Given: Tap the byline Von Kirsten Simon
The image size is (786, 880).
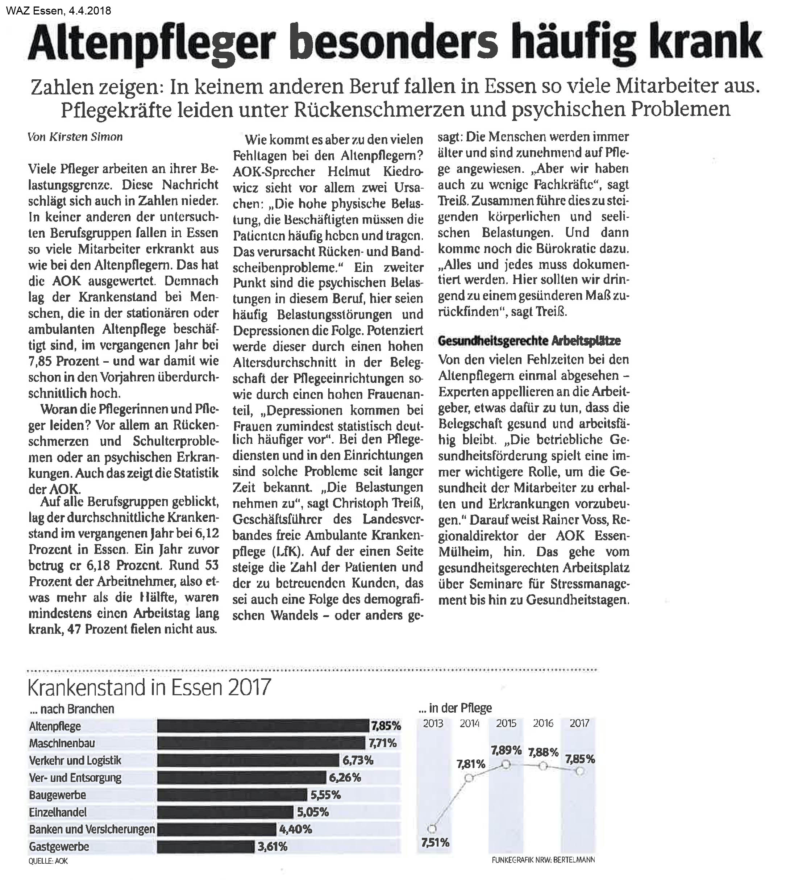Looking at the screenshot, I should click(x=75, y=137).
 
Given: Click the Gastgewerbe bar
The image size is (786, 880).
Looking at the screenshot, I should click(x=205, y=847).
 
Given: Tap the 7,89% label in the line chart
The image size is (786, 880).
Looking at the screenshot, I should click(x=506, y=750).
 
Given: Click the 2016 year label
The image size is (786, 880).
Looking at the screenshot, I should click(x=543, y=723).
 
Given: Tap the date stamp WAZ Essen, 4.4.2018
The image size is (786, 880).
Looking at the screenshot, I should click(x=59, y=11).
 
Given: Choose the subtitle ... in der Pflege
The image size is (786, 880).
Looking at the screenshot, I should click(x=455, y=708).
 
